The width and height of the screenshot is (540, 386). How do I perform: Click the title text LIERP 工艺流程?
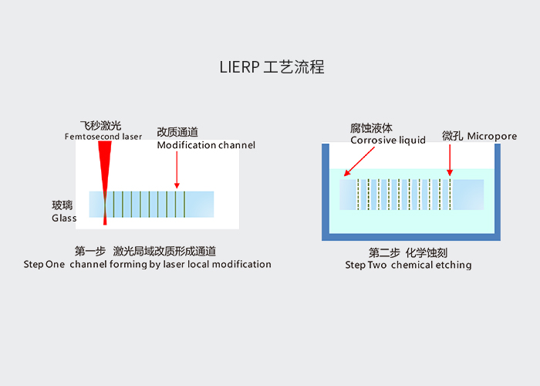tap(272, 67)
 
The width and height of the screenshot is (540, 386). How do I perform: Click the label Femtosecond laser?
tap(103, 137)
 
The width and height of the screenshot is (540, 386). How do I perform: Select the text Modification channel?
tap(206, 145)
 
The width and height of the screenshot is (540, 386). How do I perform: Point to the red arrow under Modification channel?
tap(177, 170)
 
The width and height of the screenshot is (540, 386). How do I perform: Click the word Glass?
tap(64, 218)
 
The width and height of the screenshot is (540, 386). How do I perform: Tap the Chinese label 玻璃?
tap(62, 205)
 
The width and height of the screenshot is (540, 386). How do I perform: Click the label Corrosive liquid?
tap(388, 141)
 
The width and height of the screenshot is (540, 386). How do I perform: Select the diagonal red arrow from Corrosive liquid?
tap(359, 161)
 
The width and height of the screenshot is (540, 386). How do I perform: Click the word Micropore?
tap(492, 137)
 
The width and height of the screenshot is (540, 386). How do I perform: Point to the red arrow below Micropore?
tap(450, 161)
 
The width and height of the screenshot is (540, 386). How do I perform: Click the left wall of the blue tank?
tap(326, 191)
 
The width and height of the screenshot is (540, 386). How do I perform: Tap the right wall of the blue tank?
tap(498, 191)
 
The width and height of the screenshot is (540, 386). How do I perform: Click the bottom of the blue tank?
tap(411, 237)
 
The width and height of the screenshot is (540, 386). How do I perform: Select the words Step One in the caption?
tap(44, 264)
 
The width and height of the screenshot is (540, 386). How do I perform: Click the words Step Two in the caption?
tap(366, 265)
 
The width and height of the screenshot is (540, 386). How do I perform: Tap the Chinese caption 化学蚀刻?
tap(427, 252)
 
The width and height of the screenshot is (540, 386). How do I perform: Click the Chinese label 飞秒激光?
tap(100, 126)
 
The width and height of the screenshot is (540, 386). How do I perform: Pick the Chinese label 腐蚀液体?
tap(371, 128)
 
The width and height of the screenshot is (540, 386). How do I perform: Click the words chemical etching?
tap(431, 265)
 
